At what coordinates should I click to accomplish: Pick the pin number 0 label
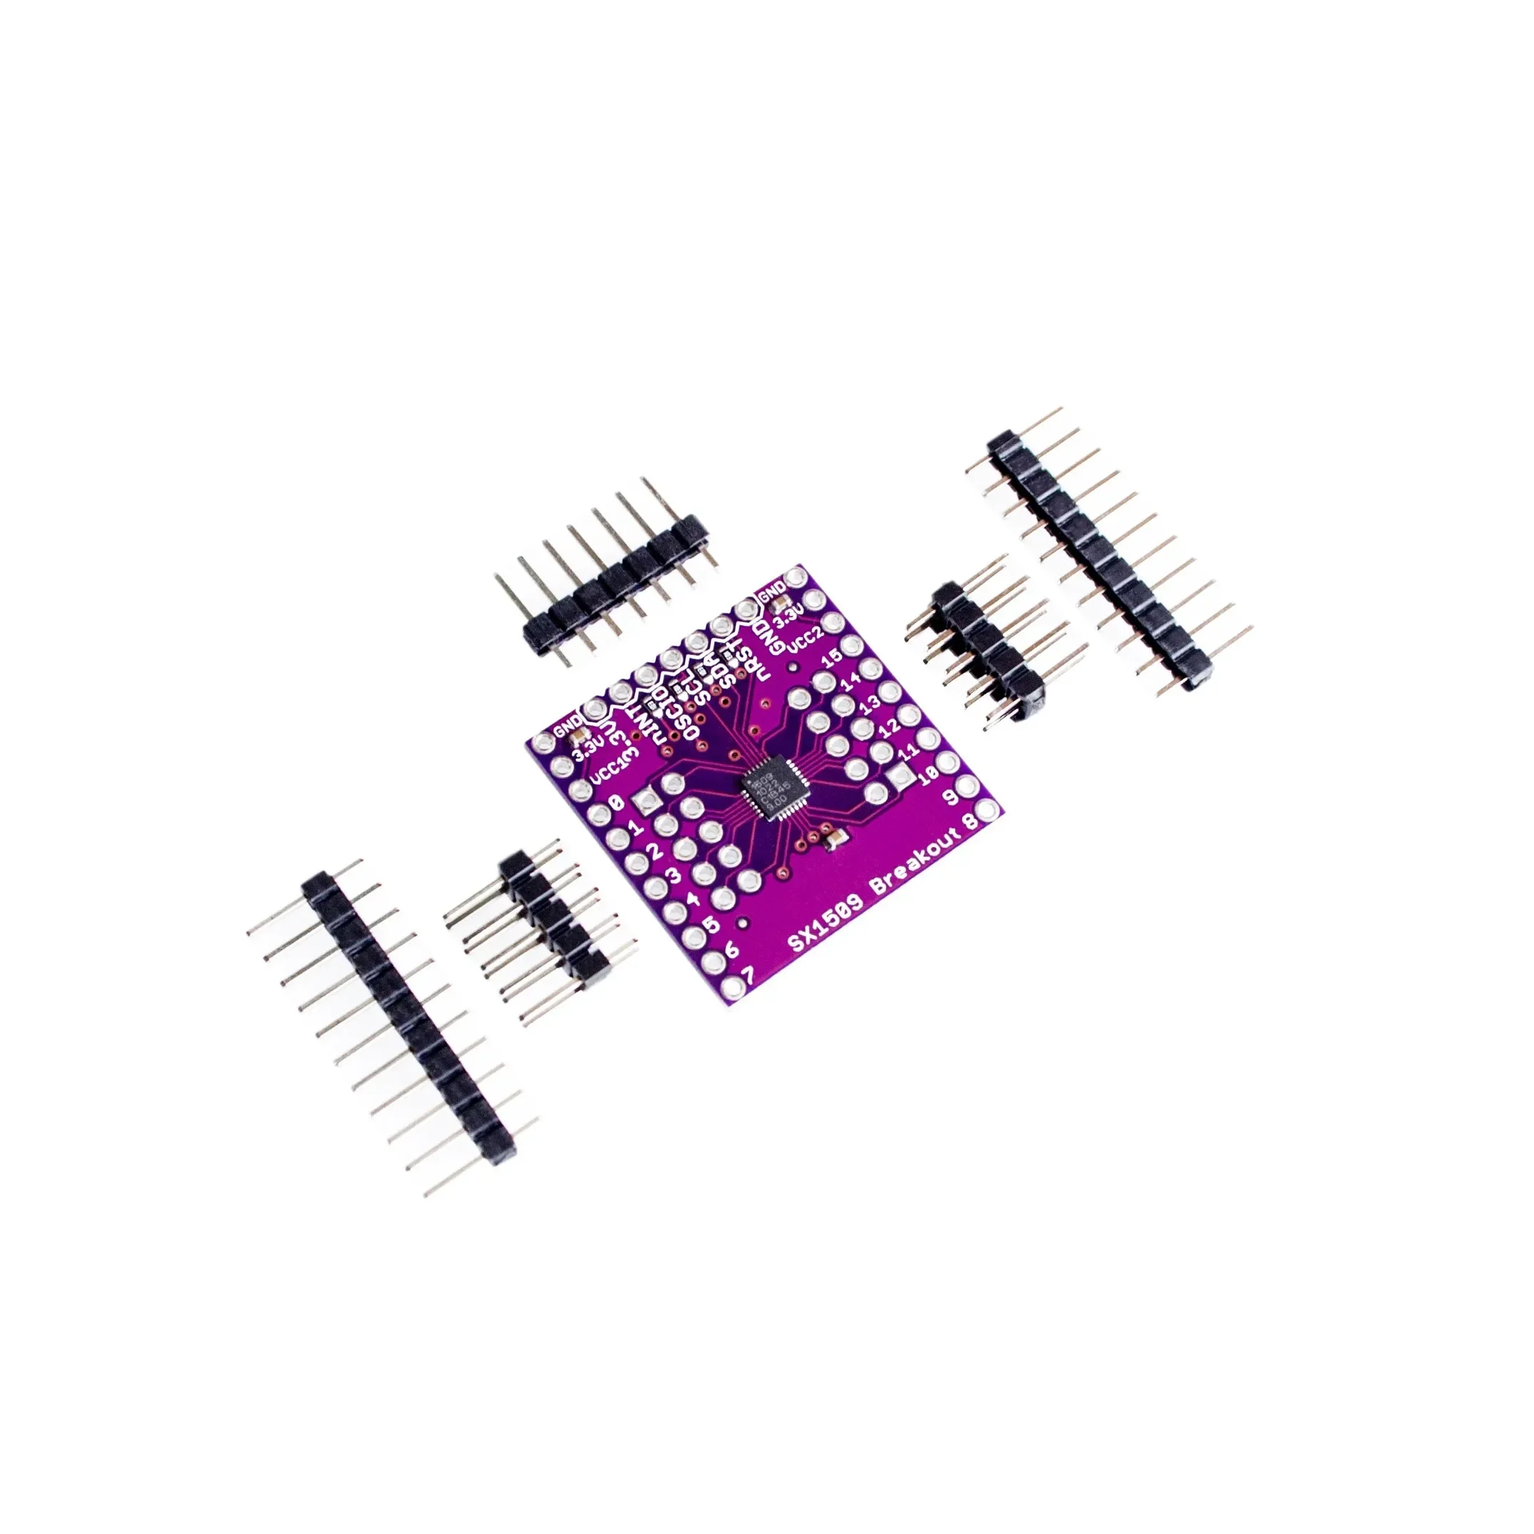[616, 804]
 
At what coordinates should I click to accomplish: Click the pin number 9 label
[948, 796]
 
